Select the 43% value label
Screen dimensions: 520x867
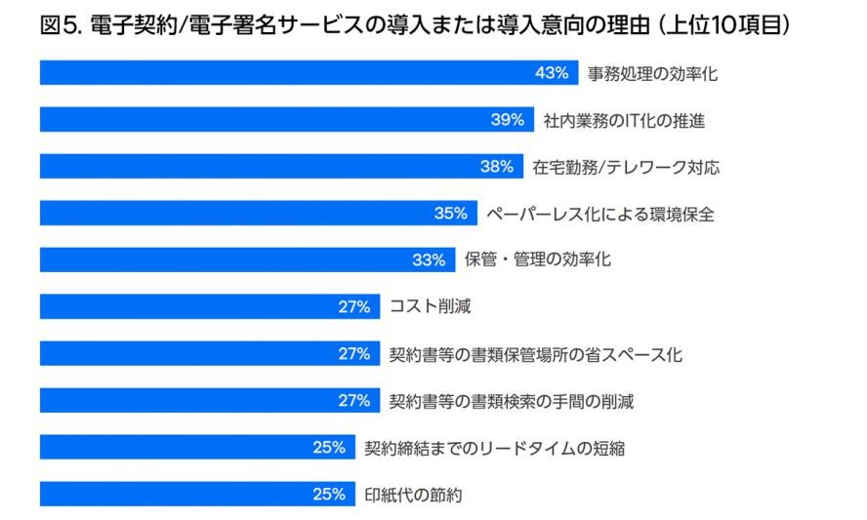[x=551, y=73]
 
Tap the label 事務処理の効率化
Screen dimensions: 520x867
[x=652, y=73]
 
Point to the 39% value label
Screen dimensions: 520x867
[x=507, y=120]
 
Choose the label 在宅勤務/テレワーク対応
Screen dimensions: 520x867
[x=626, y=167]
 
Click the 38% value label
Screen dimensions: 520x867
[x=496, y=167]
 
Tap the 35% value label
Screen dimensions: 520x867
[x=451, y=214]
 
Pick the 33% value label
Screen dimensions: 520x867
[x=429, y=260]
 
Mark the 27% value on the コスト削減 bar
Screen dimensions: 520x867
[x=354, y=307]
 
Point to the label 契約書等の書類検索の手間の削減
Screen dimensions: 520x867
[x=512, y=401]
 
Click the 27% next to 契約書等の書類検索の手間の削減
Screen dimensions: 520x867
[x=354, y=401]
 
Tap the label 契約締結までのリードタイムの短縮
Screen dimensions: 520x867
[x=494, y=448]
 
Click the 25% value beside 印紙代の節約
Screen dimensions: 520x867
[x=329, y=495]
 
